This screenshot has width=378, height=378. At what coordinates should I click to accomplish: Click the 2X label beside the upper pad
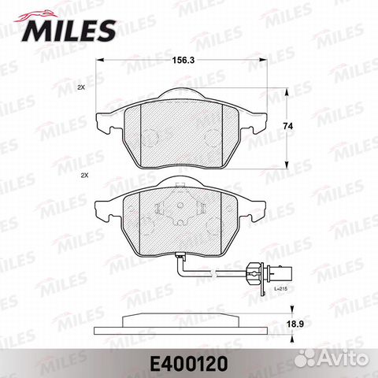(x=81, y=88)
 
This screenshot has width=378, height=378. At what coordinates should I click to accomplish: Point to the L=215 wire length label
(x=280, y=292)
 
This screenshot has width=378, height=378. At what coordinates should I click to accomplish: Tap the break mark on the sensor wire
(x=213, y=276)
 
